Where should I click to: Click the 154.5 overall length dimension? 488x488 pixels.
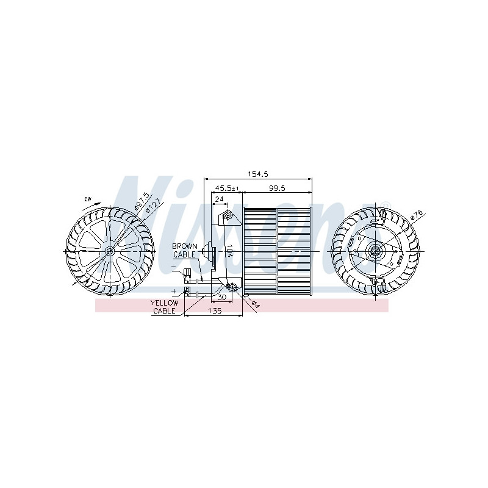click(x=259, y=174)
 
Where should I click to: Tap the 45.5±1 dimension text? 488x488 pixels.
click(x=226, y=188)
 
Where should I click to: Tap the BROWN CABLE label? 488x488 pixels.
click(x=184, y=249)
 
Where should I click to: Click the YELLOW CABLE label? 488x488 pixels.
click(x=164, y=306)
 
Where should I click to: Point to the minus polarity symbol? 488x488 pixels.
click(x=174, y=267)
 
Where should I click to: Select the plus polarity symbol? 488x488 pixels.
click(x=174, y=292)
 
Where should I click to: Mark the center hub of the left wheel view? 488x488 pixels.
click(x=110, y=251)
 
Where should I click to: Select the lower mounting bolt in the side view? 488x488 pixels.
click(x=232, y=286)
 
